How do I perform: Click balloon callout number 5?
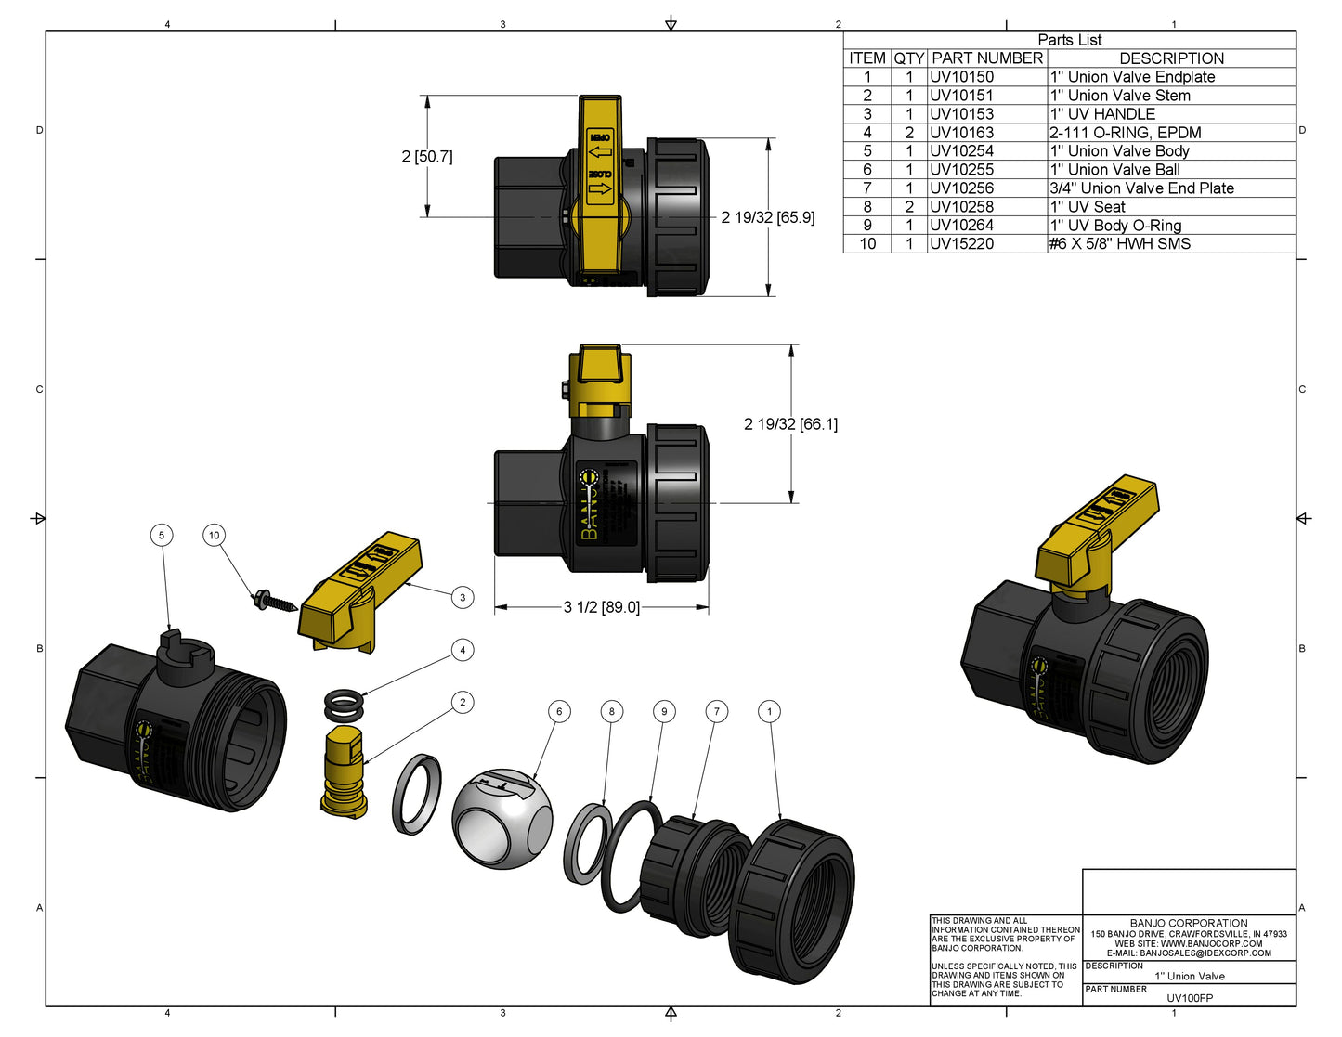[162, 535]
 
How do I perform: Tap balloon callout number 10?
[215, 535]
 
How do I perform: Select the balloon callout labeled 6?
[558, 711]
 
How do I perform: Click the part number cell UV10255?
[961, 170]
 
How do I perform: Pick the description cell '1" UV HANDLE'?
[1102, 114]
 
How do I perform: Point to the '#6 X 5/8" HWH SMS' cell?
[1119, 244]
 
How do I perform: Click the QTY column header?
[908, 58]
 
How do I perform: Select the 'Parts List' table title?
[1069, 40]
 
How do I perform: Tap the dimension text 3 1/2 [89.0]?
[601, 607]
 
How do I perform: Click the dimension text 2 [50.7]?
[426, 157]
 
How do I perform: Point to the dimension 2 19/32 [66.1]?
[790, 424]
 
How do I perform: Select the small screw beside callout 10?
[273, 603]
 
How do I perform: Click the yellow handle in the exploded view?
[360, 594]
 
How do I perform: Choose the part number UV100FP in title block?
[1190, 998]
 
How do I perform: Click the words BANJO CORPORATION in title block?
[1189, 923]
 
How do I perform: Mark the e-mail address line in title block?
[1189, 953]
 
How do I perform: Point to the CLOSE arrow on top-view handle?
[601, 188]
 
